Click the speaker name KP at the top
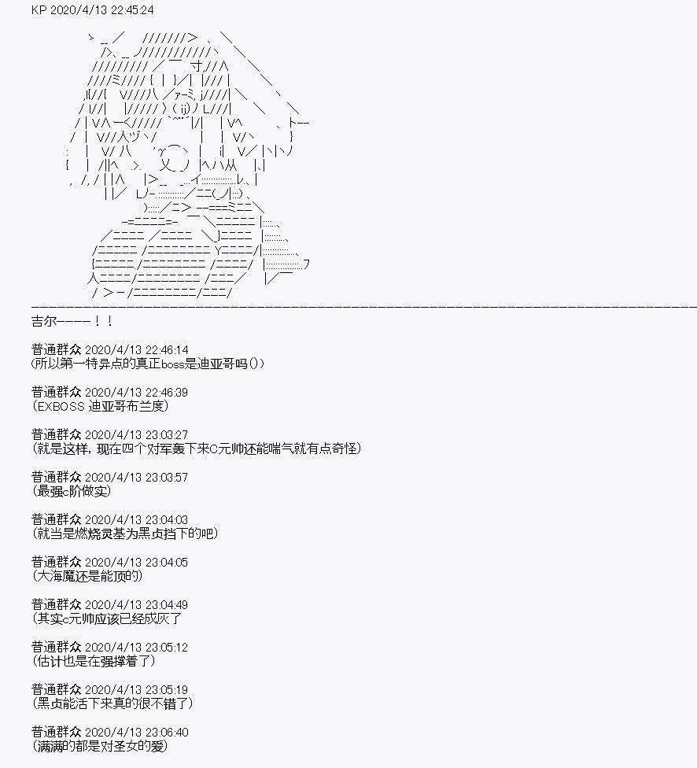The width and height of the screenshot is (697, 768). coord(39,9)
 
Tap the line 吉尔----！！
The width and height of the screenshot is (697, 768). coord(72,321)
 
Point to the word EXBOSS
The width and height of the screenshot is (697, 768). coord(61,407)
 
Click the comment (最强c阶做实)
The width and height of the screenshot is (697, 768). coord(72,491)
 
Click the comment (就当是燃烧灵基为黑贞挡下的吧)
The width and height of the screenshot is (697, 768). coord(125,534)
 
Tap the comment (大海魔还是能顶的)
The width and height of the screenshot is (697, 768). coord(87,577)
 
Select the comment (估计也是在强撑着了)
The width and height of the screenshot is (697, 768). coord(94,661)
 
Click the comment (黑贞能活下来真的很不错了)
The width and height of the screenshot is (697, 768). coord(112,703)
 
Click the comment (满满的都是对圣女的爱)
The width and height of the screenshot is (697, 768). coord(100,747)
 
